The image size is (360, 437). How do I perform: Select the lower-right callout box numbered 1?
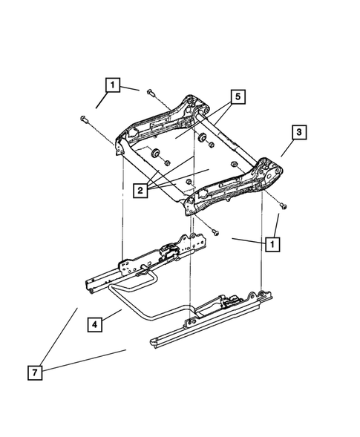[274, 243]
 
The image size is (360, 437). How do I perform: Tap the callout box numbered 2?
[140, 191]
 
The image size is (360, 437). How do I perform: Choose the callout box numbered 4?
[94, 325]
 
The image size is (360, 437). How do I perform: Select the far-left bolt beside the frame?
[82, 119]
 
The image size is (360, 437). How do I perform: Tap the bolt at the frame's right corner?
[283, 202]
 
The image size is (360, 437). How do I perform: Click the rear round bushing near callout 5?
[201, 138]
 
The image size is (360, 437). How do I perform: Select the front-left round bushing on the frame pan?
[157, 154]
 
